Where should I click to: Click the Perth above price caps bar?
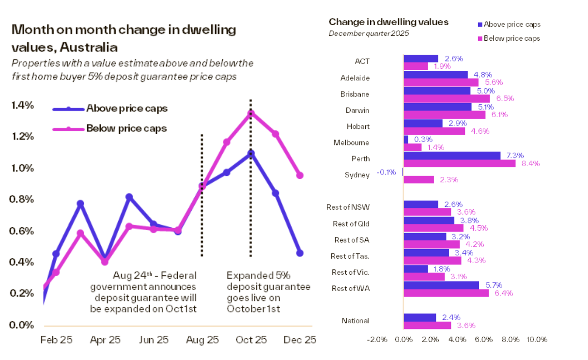click(x=451, y=156)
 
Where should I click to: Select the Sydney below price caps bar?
click(x=418, y=180)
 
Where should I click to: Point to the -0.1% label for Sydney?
click(x=387, y=172)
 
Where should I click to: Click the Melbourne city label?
click(x=351, y=142)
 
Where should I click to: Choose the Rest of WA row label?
click(x=350, y=289)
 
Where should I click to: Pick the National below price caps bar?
click(x=427, y=326)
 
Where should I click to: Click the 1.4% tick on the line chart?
click(x=22, y=106)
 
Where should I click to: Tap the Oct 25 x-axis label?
click(x=251, y=340)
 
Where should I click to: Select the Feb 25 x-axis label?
click(x=57, y=340)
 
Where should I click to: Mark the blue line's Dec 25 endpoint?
click(x=300, y=253)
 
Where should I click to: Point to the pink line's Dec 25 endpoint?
click(x=300, y=175)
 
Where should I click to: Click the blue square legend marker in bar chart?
click(x=480, y=24)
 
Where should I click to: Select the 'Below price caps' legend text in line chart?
click(x=126, y=128)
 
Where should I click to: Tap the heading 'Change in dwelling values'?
click(x=388, y=22)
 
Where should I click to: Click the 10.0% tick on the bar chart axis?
click(x=536, y=340)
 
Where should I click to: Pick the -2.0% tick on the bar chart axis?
click(x=377, y=340)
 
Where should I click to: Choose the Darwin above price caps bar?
click(x=437, y=107)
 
